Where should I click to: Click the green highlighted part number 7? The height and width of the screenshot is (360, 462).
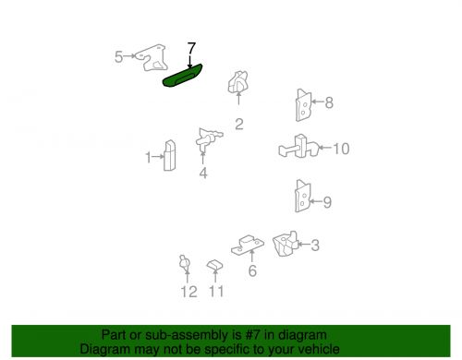[x=182, y=76]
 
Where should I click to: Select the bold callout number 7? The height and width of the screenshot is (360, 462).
[x=191, y=49]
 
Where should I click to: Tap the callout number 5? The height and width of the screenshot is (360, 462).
[x=118, y=57]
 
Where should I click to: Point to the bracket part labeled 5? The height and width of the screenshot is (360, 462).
[x=152, y=58]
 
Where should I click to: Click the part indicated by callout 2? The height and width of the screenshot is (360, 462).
[x=237, y=82]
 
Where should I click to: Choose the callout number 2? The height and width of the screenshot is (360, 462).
[x=239, y=125]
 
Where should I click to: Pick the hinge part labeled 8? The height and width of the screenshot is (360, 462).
[x=303, y=105]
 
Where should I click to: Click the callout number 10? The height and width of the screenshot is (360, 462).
[x=341, y=149]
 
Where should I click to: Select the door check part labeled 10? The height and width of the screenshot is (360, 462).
[x=298, y=147]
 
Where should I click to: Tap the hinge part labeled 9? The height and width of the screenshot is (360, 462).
[x=303, y=196]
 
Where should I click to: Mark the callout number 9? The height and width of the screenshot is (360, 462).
[x=327, y=202]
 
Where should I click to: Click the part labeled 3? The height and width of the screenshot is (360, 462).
[x=286, y=244]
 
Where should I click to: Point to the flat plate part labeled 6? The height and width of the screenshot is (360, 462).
[x=248, y=246]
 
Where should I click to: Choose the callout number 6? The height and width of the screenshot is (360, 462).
[x=252, y=270]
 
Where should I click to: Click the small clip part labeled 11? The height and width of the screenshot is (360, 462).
[x=214, y=265]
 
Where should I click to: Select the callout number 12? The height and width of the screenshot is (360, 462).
[x=188, y=292]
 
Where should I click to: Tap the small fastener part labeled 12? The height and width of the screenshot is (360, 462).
[x=185, y=263]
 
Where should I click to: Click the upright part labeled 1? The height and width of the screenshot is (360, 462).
[x=170, y=155]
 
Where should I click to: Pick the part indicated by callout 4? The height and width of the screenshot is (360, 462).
[x=209, y=138]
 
